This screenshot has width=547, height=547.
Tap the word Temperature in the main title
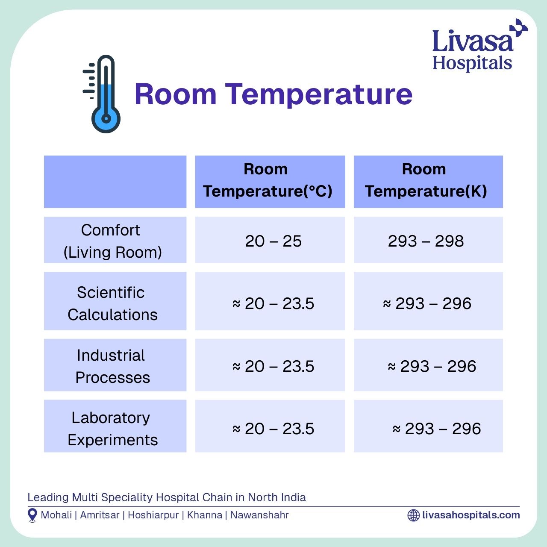pos(318,94)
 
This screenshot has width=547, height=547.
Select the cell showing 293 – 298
pos(426,241)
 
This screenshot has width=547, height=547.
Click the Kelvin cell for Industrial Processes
pos(432,366)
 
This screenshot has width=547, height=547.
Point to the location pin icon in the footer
pos(32,515)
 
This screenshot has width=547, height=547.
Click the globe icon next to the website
pos(413,515)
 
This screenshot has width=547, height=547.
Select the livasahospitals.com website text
pos(471,515)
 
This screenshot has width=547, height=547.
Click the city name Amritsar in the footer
pos(100,515)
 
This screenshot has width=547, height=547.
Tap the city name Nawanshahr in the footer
pos(259,515)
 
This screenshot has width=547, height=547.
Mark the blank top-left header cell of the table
pos(115,182)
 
